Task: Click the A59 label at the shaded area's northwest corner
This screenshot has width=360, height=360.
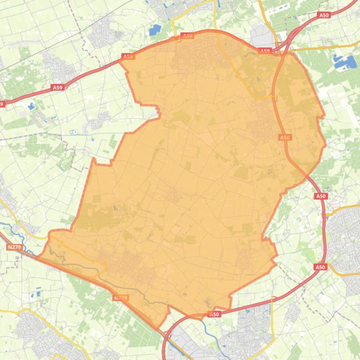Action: [128, 57]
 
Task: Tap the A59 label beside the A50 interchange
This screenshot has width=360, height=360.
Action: [265, 51]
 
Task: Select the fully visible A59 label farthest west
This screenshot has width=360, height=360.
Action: [57, 87]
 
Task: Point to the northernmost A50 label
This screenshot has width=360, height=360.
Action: [324, 15]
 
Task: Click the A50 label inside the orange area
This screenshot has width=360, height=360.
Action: [285, 137]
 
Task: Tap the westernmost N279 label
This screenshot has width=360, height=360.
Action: [14, 247]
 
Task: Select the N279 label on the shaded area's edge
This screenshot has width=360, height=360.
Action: [120, 297]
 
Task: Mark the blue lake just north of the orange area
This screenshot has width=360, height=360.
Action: [154, 30]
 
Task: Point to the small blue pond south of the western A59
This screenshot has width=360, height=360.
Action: [31, 106]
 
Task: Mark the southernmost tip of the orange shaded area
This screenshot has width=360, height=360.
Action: [158, 328]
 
